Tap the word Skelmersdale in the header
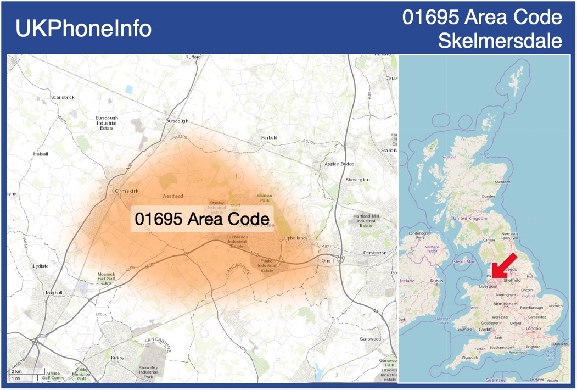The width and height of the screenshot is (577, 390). pyautogui.click(x=500, y=41)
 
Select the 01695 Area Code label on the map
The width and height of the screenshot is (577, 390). pyautogui.click(x=202, y=219)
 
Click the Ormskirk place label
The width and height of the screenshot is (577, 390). pyautogui.click(x=127, y=191)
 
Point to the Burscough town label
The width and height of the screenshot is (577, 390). pyautogui.click(x=177, y=121)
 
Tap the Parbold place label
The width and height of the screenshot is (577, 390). pyautogui.click(x=269, y=137)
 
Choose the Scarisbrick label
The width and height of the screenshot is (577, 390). pyautogui.click(x=62, y=97)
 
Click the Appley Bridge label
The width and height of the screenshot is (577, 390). pyautogui.click(x=339, y=164)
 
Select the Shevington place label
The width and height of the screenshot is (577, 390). pyautogui.click(x=358, y=180)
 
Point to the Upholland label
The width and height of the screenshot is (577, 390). pyautogui.click(x=295, y=238)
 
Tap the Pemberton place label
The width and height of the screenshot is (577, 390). pyautogui.click(x=375, y=253)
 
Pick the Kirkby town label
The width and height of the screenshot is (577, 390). pyautogui.click(x=117, y=358)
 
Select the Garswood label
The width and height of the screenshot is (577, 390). pyautogui.click(x=371, y=339)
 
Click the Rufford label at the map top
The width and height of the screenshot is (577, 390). pyautogui.click(x=193, y=57)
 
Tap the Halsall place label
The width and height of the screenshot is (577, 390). pyautogui.click(x=41, y=154)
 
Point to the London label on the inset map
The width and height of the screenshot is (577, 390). pyautogui.click(x=533, y=328)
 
